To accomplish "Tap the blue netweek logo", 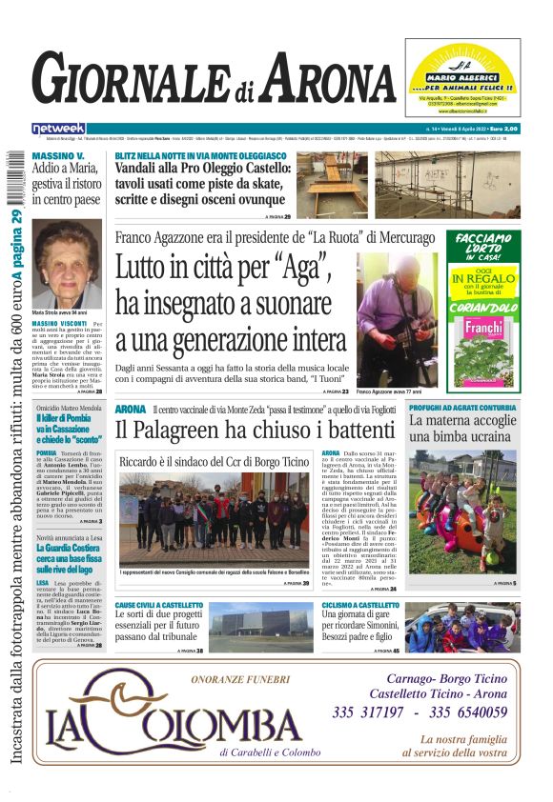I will pos(58,129).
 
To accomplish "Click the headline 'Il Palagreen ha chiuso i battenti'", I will pos(241,430).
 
